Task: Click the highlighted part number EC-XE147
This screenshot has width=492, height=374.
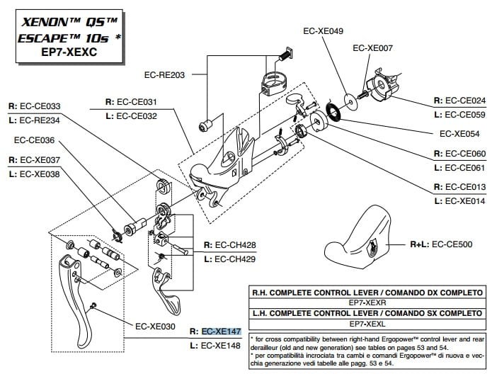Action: (x=222, y=331)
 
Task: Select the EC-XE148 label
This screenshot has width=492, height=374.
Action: (x=222, y=346)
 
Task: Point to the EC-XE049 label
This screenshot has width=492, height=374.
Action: (x=323, y=31)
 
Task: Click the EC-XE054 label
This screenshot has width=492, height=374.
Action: (x=459, y=133)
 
